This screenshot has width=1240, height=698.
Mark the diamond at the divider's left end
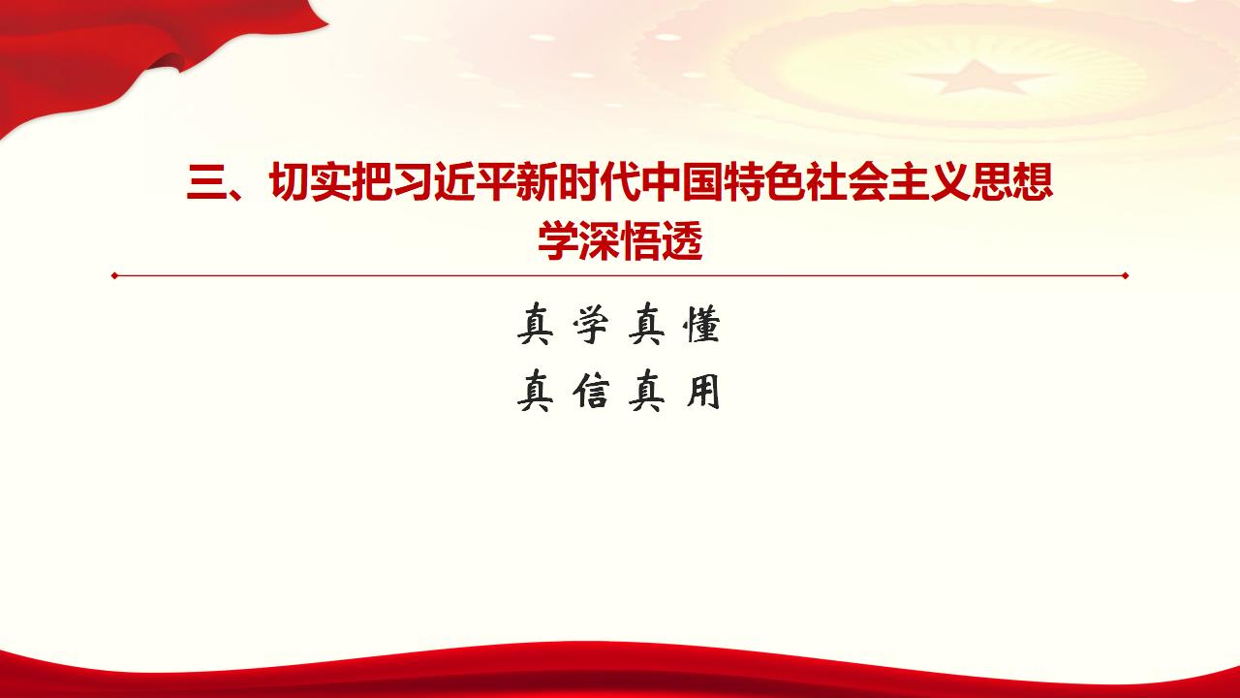point(114,275)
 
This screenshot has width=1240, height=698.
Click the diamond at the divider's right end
point(1125,275)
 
